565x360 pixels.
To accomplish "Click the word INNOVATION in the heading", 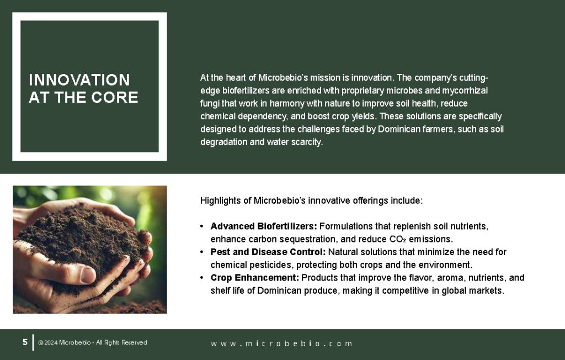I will click(79, 80).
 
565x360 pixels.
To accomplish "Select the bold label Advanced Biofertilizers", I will click(263, 226).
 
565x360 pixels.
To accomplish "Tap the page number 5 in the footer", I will click(25, 342).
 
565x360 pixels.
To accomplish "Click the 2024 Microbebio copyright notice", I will click(93, 343).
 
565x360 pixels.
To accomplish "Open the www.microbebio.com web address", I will click(281, 343).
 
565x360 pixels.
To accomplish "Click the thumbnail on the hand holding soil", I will click(89, 250).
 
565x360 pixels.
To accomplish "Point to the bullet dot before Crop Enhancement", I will click(202, 278).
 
